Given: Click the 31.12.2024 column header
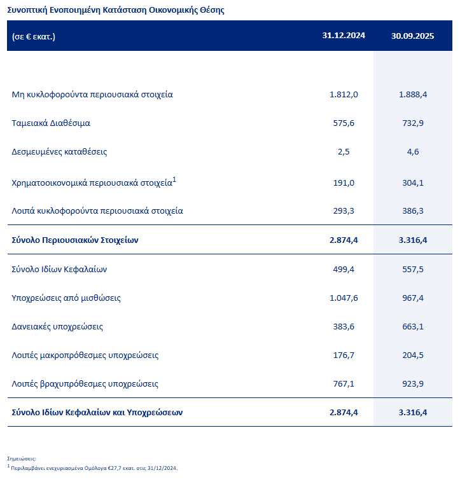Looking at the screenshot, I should pos(344,36).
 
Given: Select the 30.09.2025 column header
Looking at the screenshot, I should pos(412,36).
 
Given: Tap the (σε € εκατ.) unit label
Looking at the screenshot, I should pos(34,36).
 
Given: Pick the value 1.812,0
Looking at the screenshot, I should pos(344,94).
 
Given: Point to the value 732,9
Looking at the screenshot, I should pos(412,123).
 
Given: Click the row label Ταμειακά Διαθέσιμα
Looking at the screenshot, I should pos(51,123).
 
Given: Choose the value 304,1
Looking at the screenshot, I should pos(412,182).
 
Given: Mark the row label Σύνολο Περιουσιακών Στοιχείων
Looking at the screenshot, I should pos(75,240).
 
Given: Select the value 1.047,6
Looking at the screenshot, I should pos(344,298).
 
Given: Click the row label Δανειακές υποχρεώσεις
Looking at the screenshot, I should pos(57,326).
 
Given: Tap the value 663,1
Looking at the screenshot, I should pos(412,326).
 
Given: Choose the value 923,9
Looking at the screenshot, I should pos(412,383).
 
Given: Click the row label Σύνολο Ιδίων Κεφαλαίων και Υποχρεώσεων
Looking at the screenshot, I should pos(97,412).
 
